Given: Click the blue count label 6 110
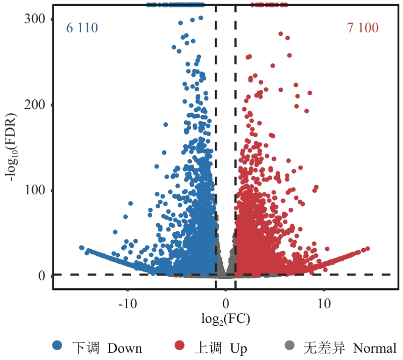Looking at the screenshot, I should [82, 28].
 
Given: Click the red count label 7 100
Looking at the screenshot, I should [363, 28].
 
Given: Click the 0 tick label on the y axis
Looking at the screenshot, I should [42, 276].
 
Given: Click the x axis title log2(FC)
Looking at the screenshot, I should [226, 319].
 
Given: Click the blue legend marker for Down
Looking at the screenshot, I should [57, 347].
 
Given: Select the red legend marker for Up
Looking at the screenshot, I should [179, 347].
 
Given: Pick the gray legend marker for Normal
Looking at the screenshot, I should [289, 347].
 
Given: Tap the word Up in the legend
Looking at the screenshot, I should [239, 348].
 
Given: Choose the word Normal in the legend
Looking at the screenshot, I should [375, 348].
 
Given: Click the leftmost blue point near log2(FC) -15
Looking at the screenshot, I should [82, 248].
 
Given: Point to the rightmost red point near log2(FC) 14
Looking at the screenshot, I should [368, 248].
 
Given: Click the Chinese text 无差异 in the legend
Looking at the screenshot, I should [324, 348].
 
